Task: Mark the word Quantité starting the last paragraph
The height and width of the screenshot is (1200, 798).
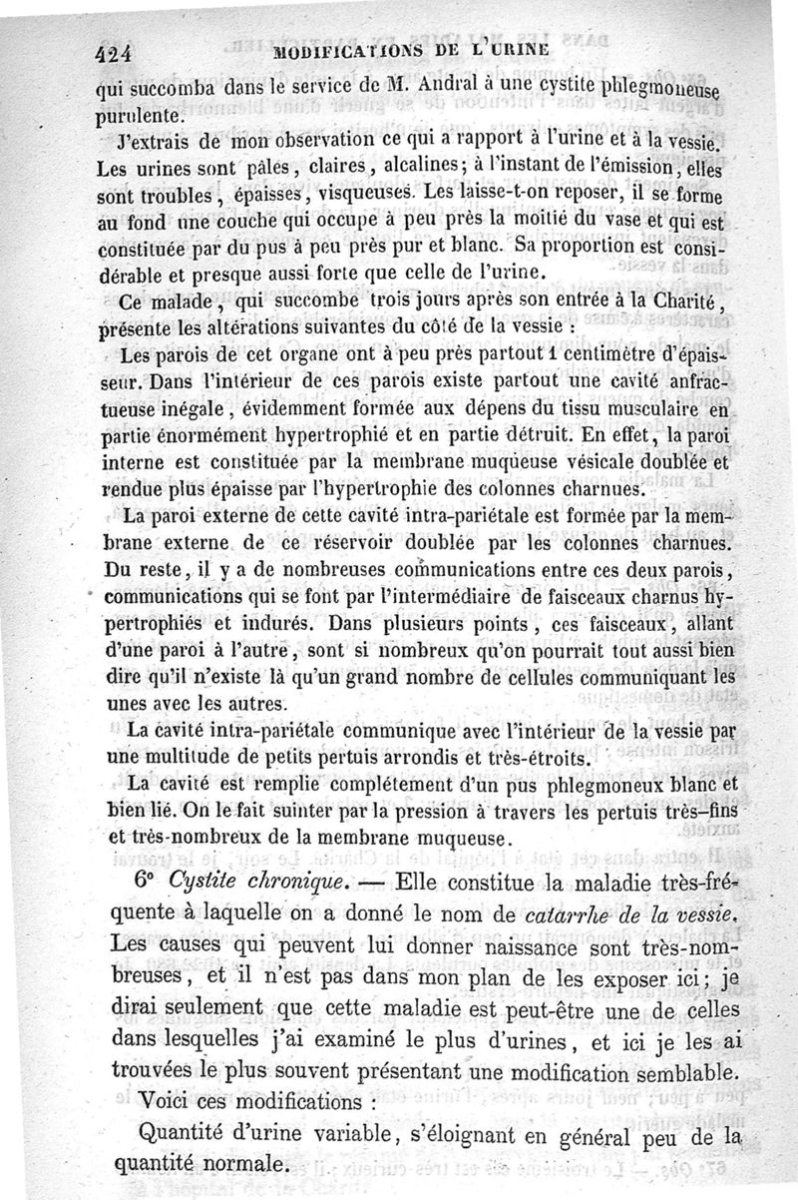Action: [x=191, y=1136]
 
